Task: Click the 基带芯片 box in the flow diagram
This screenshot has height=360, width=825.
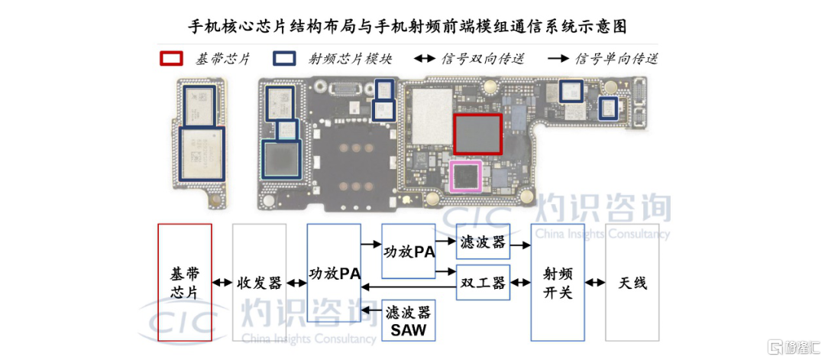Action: tap(184, 282)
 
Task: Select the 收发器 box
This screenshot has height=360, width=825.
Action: tap(259, 282)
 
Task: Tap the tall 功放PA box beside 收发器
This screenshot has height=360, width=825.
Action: tap(334, 282)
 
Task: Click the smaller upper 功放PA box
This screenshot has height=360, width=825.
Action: tap(409, 251)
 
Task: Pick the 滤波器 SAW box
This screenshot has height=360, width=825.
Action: tap(408, 320)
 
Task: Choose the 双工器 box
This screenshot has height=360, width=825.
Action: tap(483, 283)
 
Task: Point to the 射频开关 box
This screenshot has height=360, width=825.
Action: tap(558, 282)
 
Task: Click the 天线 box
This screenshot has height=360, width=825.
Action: tap(632, 282)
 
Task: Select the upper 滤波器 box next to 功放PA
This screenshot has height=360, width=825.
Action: tap(483, 242)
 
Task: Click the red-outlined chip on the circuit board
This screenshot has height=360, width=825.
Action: tap(477, 134)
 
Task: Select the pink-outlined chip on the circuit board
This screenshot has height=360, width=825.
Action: tap(465, 176)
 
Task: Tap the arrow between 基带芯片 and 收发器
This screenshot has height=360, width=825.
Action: tap(222, 283)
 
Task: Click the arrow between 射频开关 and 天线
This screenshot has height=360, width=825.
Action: tap(595, 283)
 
